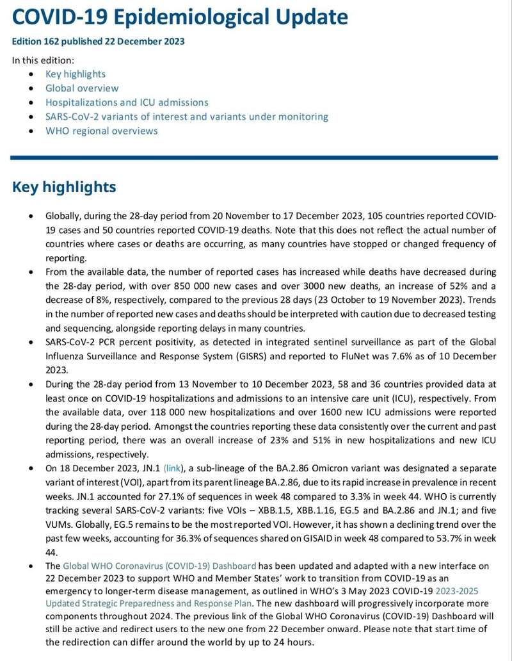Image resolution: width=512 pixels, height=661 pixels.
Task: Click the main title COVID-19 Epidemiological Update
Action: click(180, 17)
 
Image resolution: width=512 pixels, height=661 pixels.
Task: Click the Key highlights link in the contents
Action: click(76, 74)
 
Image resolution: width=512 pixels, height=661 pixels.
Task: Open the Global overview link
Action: click(82, 88)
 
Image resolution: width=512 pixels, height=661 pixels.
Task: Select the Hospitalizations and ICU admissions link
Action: click(127, 102)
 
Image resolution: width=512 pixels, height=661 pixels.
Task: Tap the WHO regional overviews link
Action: click(101, 131)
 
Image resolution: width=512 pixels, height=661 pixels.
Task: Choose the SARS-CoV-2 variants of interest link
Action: click(187, 117)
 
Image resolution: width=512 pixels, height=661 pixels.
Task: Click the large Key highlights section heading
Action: click(64, 187)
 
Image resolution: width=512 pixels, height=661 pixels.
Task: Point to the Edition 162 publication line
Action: click(98, 42)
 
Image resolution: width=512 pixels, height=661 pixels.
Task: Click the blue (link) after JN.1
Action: click(173, 468)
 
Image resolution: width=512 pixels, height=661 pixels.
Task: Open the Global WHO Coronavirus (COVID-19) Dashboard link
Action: click(159, 566)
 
